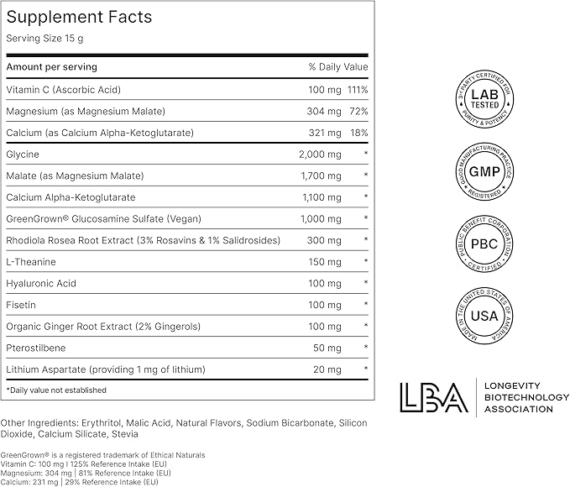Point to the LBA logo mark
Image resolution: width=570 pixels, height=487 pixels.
[433, 397]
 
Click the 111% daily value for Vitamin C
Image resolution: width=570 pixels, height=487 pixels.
[358, 89]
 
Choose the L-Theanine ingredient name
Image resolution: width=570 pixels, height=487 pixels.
[29, 262]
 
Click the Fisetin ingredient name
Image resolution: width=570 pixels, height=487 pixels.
[20, 305]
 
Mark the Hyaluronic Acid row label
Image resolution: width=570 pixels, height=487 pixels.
[41, 284]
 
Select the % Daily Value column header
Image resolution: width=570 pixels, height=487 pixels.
[338, 67]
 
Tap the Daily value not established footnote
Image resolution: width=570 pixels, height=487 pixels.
[56, 390]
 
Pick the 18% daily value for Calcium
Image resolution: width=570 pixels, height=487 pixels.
[358, 133]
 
